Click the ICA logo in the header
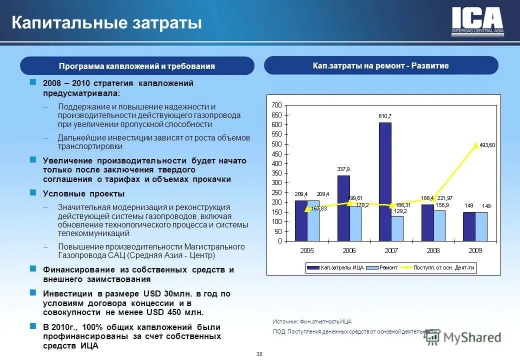[x=477, y=21]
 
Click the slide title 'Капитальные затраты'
[x=107, y=23]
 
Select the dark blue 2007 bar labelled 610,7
[x=385, y=180]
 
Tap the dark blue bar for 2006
[x=343, y=207]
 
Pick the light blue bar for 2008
[x=439, y=225]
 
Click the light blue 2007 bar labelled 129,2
[x=397, y=228]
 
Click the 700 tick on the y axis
[x=276, y=105]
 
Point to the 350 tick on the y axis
[x=276, y=173]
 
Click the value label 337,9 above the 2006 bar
[x=343, y=169]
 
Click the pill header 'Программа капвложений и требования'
[x=137, y=66]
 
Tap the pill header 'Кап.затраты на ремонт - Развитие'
[x=381, y=65]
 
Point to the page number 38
[x=259, y=354]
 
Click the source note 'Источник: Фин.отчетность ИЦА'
[x=312, y=321]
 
